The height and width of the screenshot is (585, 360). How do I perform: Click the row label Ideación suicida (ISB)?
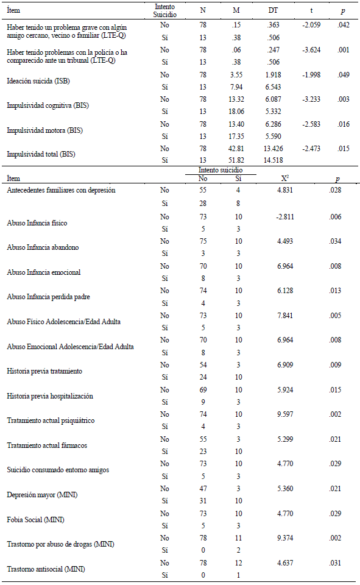click(37, 80)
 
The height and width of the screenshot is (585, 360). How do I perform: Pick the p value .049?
click(345, 74)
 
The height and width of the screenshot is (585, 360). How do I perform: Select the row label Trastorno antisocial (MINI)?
click(46, 569)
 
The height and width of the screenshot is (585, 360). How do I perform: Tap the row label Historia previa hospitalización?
click(50, 396)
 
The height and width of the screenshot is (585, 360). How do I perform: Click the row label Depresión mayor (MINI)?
click(40, 495)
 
